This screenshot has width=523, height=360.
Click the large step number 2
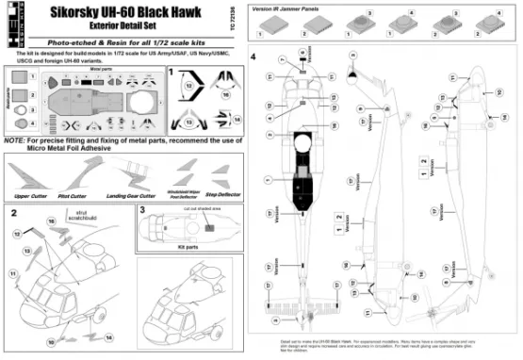click(15, 213)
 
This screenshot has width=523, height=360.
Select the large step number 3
click(141, 210)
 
